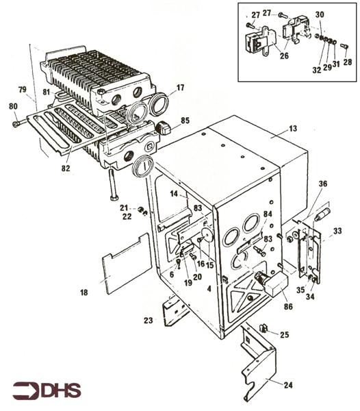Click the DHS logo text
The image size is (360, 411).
[x=60, y=391]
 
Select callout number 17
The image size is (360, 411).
[x=180, y=88]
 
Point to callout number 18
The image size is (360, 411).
[x=84, y=292]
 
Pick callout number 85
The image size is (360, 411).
[x=185, y=122]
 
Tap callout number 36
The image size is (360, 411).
[x=322, y=184]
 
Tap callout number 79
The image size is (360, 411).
[x=22, y=90]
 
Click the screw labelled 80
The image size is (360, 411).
[x=16, y=124]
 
